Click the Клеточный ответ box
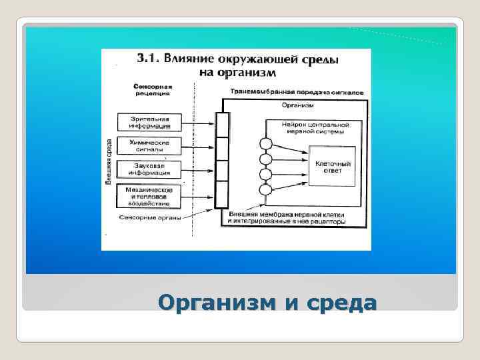click(x=333, y=167)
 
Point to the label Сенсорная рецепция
click(x=153, y=89)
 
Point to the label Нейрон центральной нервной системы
click(x=313, y=127)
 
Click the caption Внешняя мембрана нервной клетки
click(x=287, y=214)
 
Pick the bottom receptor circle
click(x=265, y=190)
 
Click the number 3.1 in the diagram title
click(x=147, y=59)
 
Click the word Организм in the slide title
click(x=219, y=303)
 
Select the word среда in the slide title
click(x=342, y=303)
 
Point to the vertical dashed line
click(x=193, y=160)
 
